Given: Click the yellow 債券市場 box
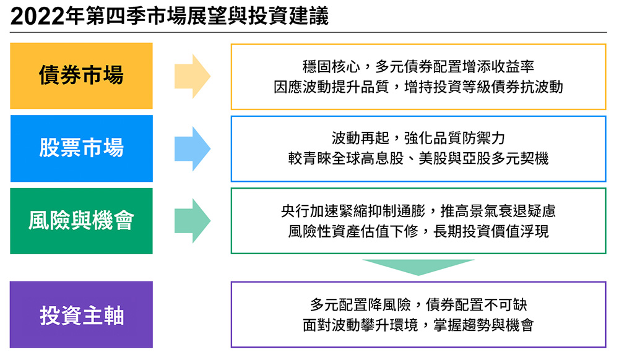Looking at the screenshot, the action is click(81, 75).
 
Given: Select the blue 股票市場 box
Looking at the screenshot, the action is click(81, 148).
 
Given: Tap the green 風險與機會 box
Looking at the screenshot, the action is click(81, 221).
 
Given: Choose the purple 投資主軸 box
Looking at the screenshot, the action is click(81, 314).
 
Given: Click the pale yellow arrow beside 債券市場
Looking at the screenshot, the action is click(193, 76).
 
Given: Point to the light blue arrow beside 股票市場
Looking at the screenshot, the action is click(193, 148).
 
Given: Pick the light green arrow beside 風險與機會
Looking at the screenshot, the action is click(193, 221).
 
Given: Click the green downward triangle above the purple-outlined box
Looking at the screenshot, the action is click(418, 267).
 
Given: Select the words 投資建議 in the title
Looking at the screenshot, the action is click(288, 17).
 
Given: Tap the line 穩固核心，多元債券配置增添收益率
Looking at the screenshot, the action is click(418, 67).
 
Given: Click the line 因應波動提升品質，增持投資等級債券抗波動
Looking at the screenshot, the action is click(418, 87).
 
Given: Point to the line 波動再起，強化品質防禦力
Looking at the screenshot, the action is click(418, 138).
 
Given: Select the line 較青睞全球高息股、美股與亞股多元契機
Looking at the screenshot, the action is click(418, 158).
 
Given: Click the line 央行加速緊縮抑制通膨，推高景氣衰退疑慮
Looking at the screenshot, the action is click(418, 211).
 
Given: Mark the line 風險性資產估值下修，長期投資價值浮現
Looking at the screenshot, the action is click(418, 231).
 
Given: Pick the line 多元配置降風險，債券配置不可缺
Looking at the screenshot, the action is click(418, 304).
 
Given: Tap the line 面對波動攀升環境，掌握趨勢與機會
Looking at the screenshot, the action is click(418, 325).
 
